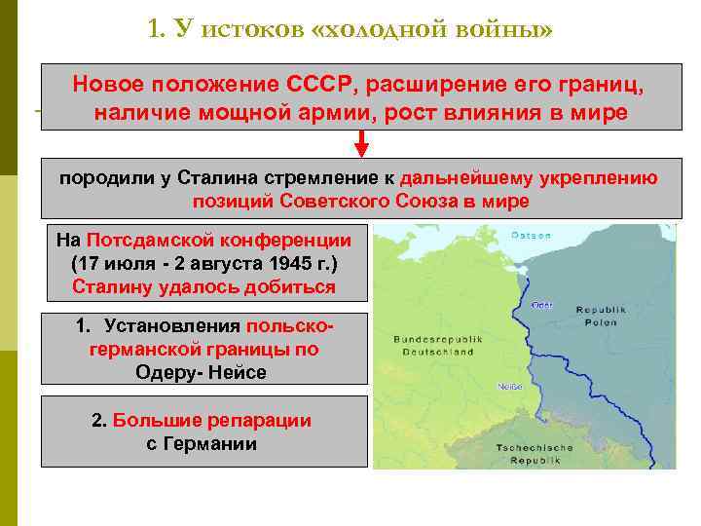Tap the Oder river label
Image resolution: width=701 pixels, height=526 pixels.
click(x=542, y=305)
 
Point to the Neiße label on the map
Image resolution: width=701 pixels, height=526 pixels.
click(x=511, y=387)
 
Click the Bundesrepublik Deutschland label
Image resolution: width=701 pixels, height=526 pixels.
click(x=433, y=345)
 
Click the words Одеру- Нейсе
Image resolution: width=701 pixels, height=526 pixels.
click(x=202, y=372)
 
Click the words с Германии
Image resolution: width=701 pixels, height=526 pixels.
click(x=202, y=444)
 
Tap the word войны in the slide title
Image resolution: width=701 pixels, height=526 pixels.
click(x=504, y=28)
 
